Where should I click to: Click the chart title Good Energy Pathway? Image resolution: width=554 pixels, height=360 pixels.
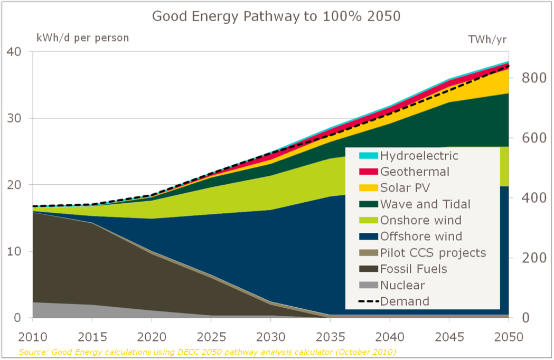pos(276,16)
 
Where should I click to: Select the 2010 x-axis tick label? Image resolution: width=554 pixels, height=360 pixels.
pos(33,337)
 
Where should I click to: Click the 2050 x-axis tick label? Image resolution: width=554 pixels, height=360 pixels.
pos(509,337)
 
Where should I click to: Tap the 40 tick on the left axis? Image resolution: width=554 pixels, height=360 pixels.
pos(14,52)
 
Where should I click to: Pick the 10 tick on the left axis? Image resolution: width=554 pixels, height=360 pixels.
pos(14,251)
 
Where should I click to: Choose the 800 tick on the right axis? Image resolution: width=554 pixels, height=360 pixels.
pos(532,78)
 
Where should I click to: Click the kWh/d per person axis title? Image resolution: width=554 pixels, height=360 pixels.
pos(82,38)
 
